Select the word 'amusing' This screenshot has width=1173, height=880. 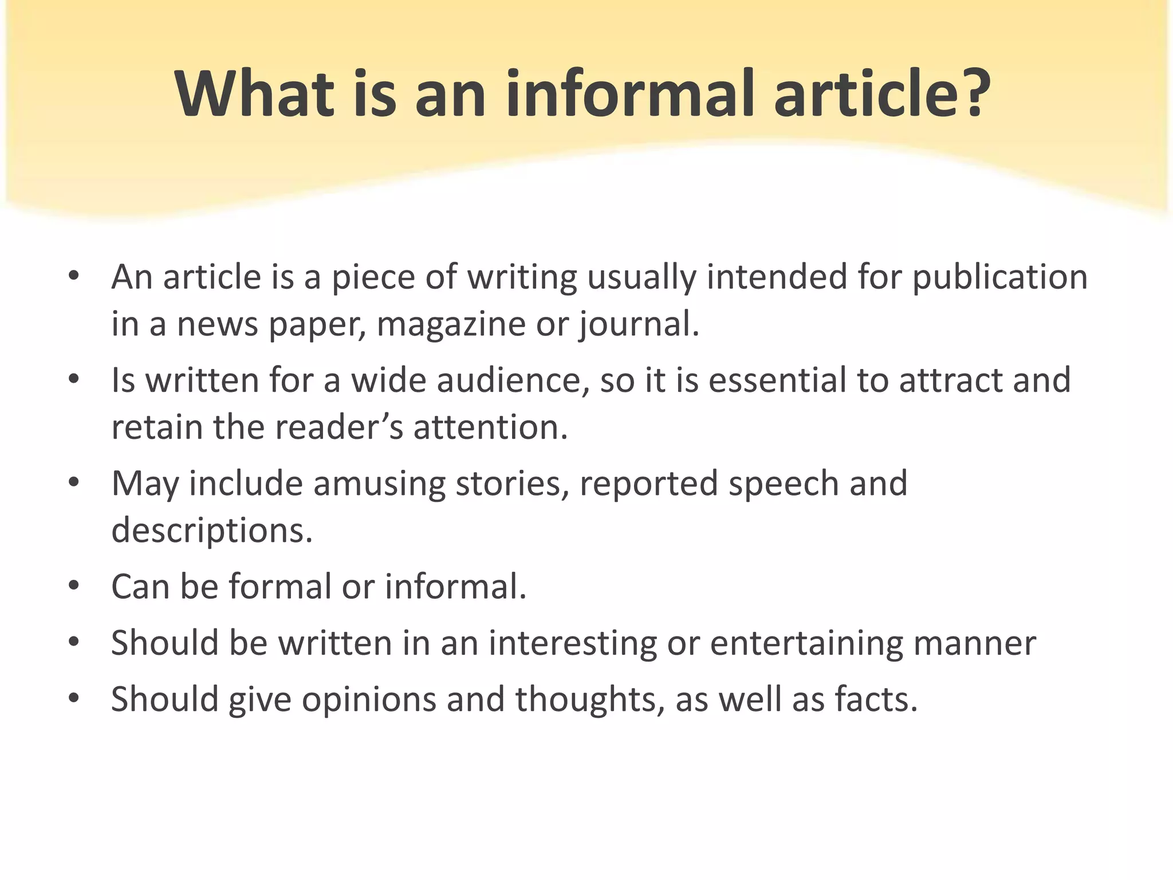pyautogui.click(x=379, y=484)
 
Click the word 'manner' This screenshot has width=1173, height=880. pyautogui.click(x=974, y=643)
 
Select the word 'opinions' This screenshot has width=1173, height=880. pyautogui.click(x=369, y=700)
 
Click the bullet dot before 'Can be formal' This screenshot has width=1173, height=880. pyautogui.click(x=73, y=586)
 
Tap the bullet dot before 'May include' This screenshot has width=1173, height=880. pyautogui.click(x=73, y=483)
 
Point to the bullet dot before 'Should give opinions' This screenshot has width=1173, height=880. pyautogui.click(x=73, y=698)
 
